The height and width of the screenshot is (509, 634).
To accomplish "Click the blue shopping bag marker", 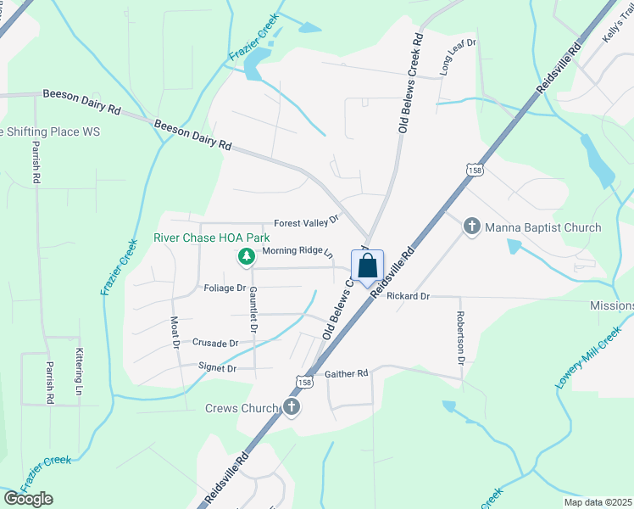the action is [367, 266].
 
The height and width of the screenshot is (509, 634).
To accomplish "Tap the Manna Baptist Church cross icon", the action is [472, 227].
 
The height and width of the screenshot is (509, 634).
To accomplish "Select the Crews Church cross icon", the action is [292, 408].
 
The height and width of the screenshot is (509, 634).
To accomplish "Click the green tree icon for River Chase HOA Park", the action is [247, 255].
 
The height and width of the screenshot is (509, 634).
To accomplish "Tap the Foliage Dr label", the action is [225, 288].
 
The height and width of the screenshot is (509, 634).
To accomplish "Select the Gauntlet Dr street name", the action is [253, 309].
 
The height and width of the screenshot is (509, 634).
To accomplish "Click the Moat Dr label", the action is [176, 333].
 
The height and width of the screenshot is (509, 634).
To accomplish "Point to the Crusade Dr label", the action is [215, 343].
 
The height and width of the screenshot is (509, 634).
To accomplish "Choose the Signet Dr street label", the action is [217, 368].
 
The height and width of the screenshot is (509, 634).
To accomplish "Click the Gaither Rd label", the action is [347, 373].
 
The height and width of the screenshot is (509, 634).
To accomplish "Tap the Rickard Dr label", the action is [408, 296].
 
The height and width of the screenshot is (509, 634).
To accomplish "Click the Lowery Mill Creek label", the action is [588, 360].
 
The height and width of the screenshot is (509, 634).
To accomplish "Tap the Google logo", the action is [28, 499].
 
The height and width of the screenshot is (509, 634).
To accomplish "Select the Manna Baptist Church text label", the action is [542, 227].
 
